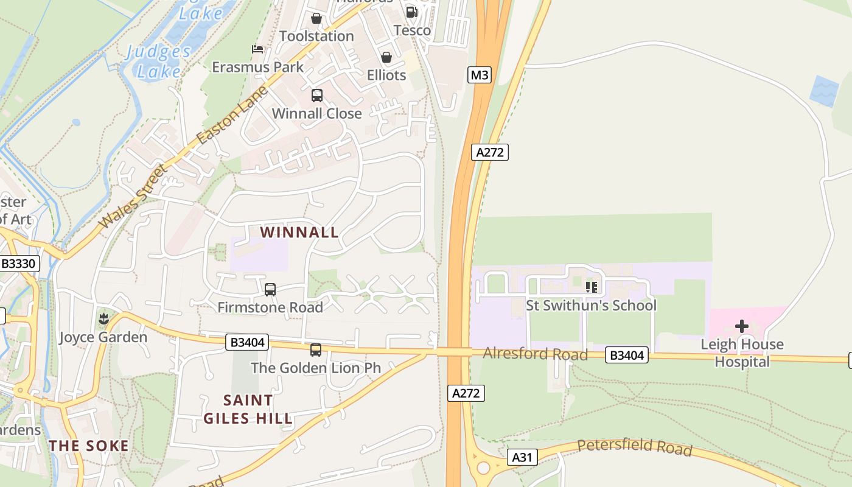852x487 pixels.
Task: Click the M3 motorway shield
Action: point(480,75)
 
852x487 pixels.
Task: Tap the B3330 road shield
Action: point(19,264)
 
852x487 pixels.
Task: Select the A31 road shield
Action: point(522,457)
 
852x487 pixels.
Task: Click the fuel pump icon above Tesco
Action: point(412,12)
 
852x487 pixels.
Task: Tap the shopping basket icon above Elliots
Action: point(386,58)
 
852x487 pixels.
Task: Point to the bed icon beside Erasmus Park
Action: point(257,49)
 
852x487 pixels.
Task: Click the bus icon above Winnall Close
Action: point(316,96)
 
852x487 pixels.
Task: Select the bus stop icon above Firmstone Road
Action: point(270,290)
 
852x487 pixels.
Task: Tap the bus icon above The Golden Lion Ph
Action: point(315,350)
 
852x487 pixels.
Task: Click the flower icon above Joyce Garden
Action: point(103,318)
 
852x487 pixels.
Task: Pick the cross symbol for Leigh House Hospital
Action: point(741,326)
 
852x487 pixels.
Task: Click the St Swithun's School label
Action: point(591,305)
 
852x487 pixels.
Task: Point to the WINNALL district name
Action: point(299,232)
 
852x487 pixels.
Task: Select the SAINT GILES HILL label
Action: point(248,409)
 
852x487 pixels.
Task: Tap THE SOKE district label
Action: point(89,446)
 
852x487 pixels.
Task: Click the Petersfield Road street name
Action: point(634,447)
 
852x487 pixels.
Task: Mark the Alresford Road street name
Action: point(535,354)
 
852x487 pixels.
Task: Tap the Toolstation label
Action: point(316,36)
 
